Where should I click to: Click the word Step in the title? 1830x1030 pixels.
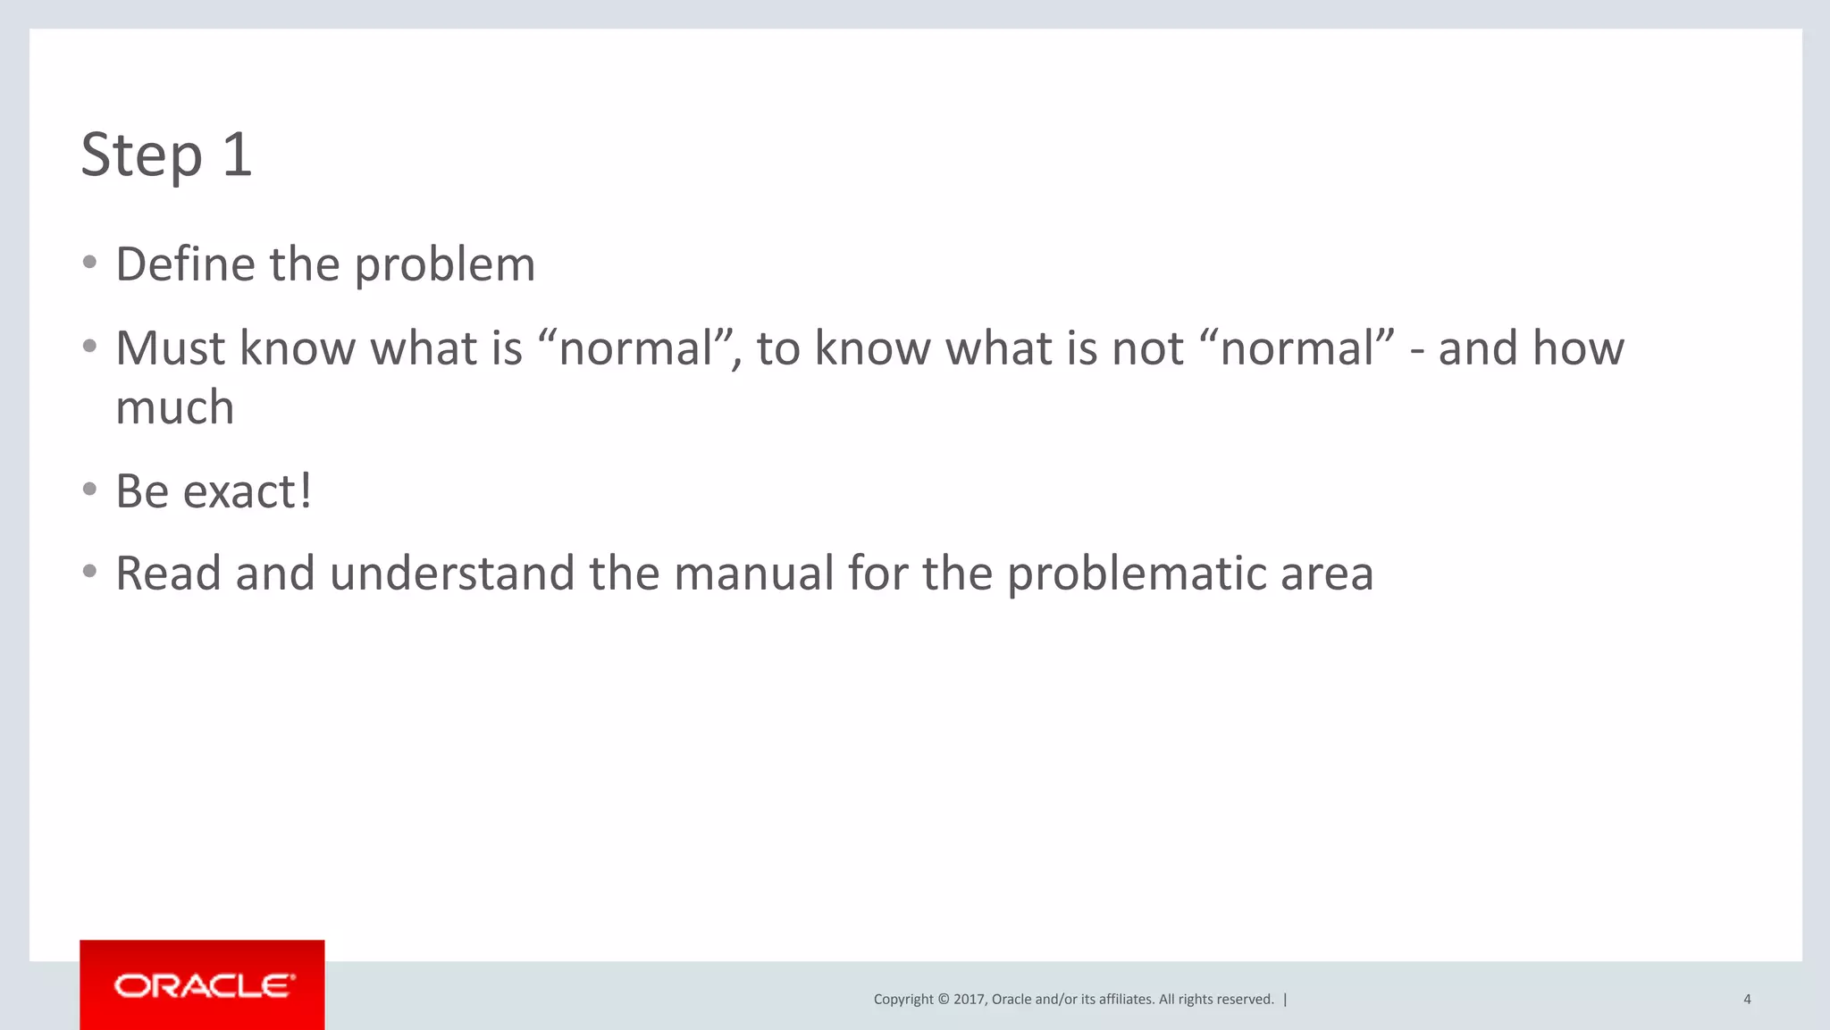[141, 156]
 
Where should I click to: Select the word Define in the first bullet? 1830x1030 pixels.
[185, 264]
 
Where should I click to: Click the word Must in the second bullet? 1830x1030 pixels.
[170, 348]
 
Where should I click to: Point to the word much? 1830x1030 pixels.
[175, 407]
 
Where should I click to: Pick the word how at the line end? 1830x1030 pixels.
[1577, 348]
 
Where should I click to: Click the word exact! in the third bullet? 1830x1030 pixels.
[248, 491]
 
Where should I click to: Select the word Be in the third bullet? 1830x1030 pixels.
[142, 491]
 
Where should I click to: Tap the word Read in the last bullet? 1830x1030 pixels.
[168, 574]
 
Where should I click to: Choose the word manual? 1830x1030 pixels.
[753, 574]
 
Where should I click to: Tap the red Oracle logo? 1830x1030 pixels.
[202, 985]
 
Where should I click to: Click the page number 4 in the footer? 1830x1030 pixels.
[1747, 1000]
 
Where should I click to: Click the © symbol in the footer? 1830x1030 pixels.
[943, 1000]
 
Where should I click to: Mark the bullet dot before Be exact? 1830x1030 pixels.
[89, 489]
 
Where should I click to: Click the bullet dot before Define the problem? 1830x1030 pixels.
[89, 262]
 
